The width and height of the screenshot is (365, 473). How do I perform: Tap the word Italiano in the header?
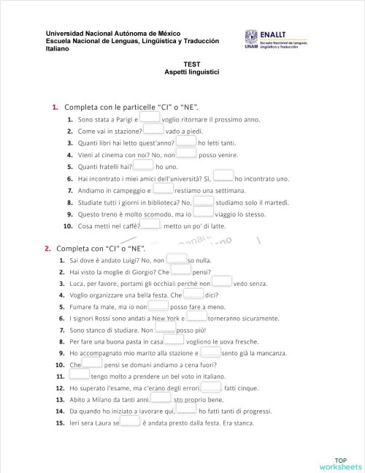point(58,49)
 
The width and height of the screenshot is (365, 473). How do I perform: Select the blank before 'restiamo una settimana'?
point(164,189)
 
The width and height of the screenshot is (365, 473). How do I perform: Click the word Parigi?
point(122,118)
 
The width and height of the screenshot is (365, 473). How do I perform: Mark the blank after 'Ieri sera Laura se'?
point(130,423)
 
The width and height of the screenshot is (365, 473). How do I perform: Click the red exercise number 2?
point(47,248)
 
